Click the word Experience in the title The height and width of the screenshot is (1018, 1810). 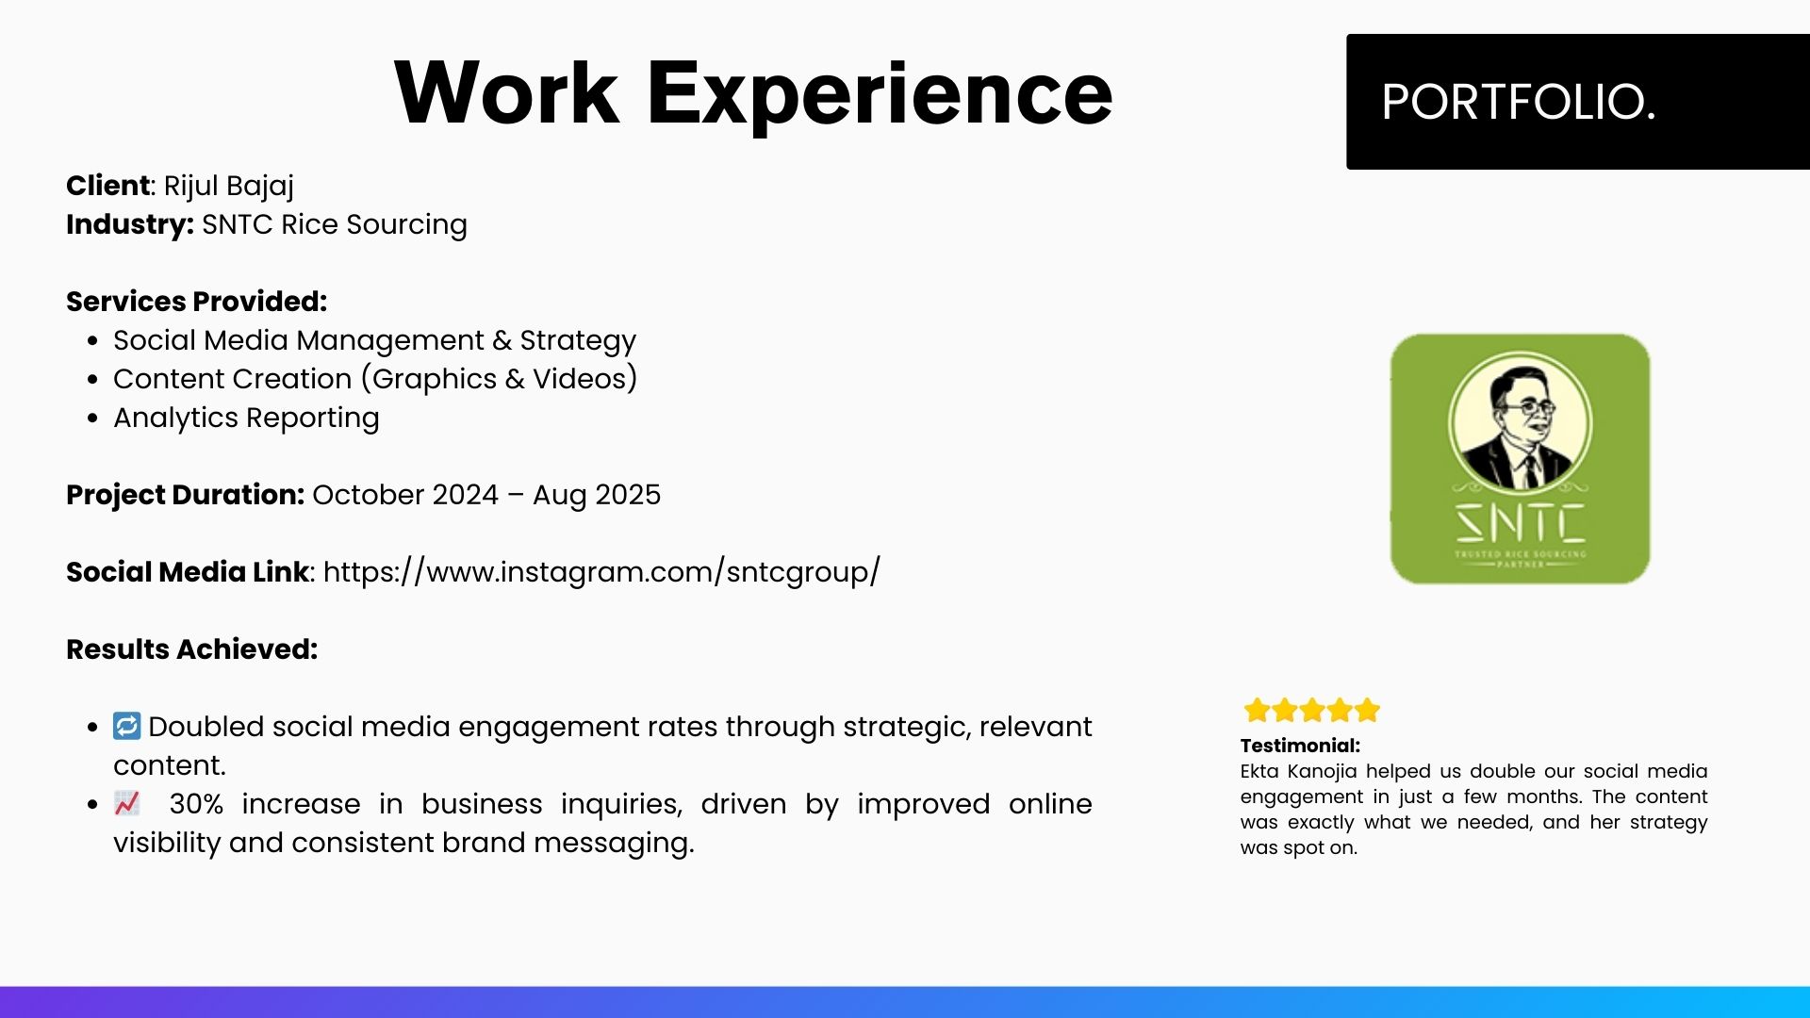[x=880, y=94]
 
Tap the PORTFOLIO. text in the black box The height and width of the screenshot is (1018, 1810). [x=1518, y=102]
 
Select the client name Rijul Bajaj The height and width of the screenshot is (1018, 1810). [x=229, y=187]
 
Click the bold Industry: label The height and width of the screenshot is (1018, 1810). [x=130, y=224]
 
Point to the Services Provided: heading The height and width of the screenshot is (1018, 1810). [x=197, y=302]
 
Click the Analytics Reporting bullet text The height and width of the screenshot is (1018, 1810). [x=246, y=418]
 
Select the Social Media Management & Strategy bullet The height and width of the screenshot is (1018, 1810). [x=374, y=340]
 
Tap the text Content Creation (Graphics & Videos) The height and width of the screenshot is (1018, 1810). [x=375, y=379]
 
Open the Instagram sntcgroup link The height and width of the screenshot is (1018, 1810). [x=601, y=572]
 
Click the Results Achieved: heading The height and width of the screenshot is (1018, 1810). [x=192, y=649]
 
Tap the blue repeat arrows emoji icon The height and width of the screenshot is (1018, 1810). [x=126, y=726]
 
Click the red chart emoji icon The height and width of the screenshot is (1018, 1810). [x=126, y=803]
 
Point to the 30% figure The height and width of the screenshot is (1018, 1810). [x=196, y=804]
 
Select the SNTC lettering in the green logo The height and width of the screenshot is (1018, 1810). [x=1521, y=523]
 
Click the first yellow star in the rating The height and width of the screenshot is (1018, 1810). [x=1257, y=710]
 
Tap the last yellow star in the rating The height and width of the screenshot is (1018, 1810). [x=1367, y=710]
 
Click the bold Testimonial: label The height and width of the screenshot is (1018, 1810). [x=1300, y=746]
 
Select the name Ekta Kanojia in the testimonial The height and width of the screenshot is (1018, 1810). [x=1298, y=772]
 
